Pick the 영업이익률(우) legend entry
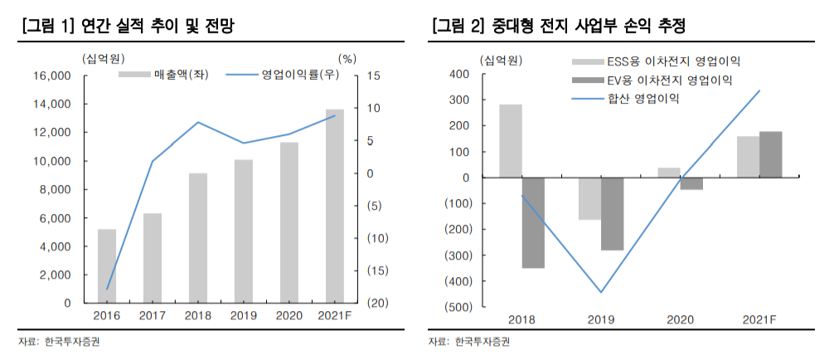(x=284, y=75)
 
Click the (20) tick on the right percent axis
(x=369, y=304)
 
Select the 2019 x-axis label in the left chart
(x=243, y=316)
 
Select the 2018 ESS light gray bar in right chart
(x=511, y=140)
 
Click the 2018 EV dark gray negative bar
(x=533, y=222)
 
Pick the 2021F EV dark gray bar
(x=770, y=154)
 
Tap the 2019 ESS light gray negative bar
(x=589, y=198)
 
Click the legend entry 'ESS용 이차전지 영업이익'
(x=654, y=61)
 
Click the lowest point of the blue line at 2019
(x=601, y=292)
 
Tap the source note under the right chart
(x=469, y=342)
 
